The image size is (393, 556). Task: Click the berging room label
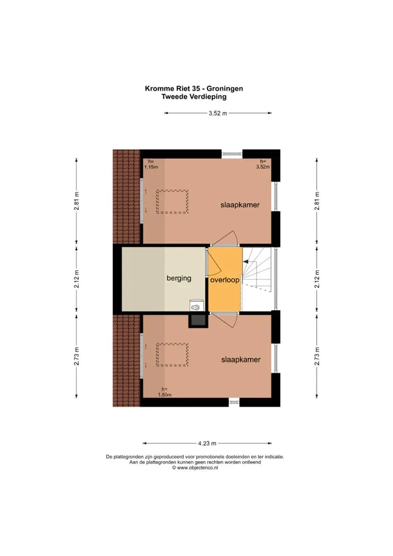[179, 279]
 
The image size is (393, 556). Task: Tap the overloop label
[225, 280]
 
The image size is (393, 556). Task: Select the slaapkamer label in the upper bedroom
[240, 205]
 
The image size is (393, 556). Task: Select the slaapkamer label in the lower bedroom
[241, 359]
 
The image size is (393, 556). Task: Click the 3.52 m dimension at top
[218, 114]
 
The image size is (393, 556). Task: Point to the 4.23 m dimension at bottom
[207, 443]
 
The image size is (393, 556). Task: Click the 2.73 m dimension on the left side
[76, 356]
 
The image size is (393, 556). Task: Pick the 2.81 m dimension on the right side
[317, 201]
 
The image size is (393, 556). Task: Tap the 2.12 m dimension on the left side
[76, 279]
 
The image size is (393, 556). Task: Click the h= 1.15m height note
[151, 164]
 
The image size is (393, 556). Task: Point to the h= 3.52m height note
[263, 164]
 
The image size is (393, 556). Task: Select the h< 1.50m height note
[165, 392]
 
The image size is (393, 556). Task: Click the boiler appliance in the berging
[196, 305]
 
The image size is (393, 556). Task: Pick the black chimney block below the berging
[198, 321]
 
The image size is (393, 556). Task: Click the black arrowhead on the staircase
[245, 262]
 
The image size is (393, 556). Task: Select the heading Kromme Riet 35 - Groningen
[194, 88]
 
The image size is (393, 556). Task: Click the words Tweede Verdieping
[194, 97]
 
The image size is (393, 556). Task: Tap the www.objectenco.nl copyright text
[195, 468]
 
